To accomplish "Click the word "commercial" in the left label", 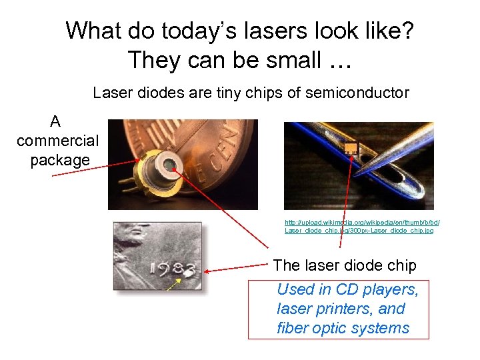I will click(57, 141).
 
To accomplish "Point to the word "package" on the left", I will click(59, 161).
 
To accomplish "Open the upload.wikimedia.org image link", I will click(362, 226).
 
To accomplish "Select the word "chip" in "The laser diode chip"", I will click(400, 265).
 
